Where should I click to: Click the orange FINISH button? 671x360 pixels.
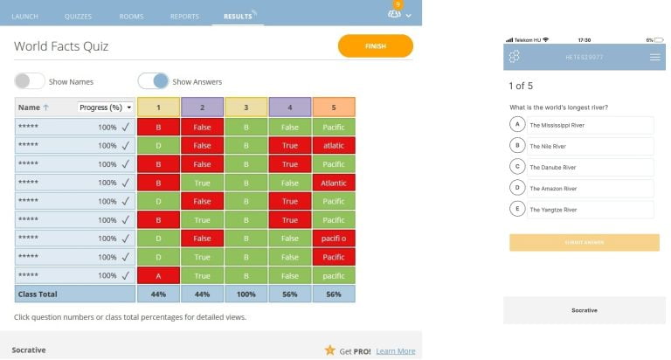click(x=375, y=46)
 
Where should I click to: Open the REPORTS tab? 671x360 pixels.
click(x=183, y=16)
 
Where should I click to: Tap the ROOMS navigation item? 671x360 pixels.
click(x=131, y=16)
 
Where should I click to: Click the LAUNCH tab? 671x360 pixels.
click(x=25, y=16)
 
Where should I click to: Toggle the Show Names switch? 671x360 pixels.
click(x=30, y=81)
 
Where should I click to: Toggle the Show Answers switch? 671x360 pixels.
click(x=153, y=81)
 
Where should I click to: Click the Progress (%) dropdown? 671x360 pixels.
click(x=105, y=107)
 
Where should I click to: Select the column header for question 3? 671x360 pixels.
click(x=246, y=107)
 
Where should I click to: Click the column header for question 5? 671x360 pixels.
click(x=334, y=107)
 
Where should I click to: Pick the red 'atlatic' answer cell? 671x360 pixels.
click(x=334, y=145)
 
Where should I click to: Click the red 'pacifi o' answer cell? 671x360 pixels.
click(x=334, y=238)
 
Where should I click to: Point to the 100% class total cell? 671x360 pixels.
click(x=246, y=294)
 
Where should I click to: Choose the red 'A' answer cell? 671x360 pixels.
click(x=158, y=275)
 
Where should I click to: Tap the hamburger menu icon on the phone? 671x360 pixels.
click(x=654, y=58)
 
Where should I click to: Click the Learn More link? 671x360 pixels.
click(x=395, y=350)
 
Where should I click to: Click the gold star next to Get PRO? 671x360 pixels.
click(x=329, y=350)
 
